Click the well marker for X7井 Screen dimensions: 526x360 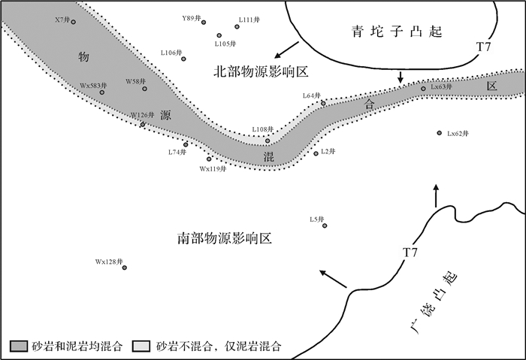tap(74, 22)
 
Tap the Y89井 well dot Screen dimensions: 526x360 tap(204, 23)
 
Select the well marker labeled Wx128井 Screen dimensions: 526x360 tap(125, 268)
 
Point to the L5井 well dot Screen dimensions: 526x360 tap(325, 225)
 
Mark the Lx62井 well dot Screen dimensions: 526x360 tap(439, 133)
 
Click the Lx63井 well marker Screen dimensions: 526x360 tap(423, 89)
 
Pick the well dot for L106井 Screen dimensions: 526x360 tap(184, 58)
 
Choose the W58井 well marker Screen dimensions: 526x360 tap(146, 88)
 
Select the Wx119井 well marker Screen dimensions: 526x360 tap(210, 159)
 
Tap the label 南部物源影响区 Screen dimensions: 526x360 tap(224, 239)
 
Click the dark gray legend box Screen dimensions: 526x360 tap(20, 346)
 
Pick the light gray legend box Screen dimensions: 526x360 tap(141, 346)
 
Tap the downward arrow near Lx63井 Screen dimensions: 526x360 tap(401, 77)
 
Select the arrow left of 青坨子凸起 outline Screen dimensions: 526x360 tap(286, 50)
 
